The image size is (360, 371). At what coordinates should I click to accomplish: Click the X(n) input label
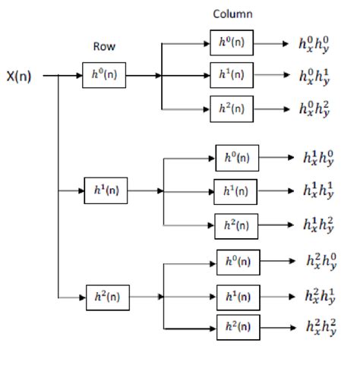click(20, 76)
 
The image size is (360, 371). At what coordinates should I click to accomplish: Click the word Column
click(233, 14)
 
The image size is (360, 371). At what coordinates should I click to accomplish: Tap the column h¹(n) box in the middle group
click(237, 190)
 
